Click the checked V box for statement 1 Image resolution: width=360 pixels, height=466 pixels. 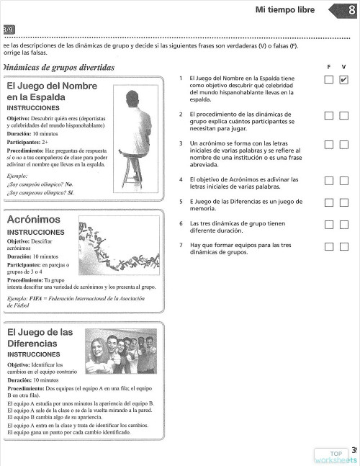point(343,80)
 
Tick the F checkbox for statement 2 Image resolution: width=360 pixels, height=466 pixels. point(328,115)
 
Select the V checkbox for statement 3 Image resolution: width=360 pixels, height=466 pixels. point(343,145)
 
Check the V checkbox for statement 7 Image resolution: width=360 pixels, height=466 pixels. point(343,246)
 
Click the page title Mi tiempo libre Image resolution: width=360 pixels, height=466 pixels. point(285,9)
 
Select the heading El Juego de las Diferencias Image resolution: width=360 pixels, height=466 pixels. point(40,338)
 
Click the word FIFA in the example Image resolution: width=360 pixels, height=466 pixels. point(37,298)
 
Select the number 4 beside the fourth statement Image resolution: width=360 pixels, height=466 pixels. point(181,179)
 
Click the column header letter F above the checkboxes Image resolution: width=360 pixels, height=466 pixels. point(328,66)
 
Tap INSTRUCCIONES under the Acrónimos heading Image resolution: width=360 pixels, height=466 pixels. point(36,233)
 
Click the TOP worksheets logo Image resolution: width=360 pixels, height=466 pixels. point(336,456)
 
